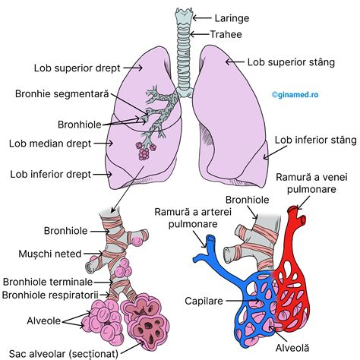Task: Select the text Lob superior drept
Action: (79, 68)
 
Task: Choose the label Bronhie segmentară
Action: (62, 94)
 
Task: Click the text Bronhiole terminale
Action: (49, 282)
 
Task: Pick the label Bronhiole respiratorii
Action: (51, 294)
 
